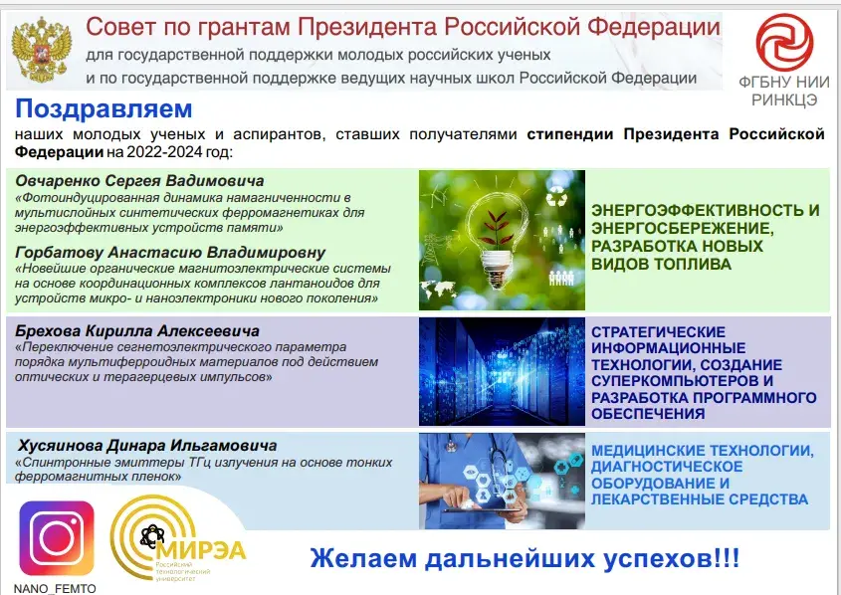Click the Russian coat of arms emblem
click(x=42, y=50)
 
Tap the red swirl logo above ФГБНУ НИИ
click(x=784, y=43)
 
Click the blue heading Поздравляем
click(x=104, y=108)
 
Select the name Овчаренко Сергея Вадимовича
click(x=139, y=181)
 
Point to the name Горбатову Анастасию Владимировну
click(x=170, y=253)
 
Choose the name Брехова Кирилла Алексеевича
click(x=137, y=330)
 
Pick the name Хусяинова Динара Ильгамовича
click(x=147, y=446)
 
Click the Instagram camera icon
click(x=57, y=538)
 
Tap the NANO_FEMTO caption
click(x=55, y=589)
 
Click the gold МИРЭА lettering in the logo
click(x=203, y=550)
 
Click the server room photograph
click(x=502, y=372)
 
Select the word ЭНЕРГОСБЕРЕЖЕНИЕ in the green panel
click(x=682, y=229)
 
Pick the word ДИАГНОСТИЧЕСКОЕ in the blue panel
click(x=667, y=467)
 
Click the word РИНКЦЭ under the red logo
click(x=784, y=99)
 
